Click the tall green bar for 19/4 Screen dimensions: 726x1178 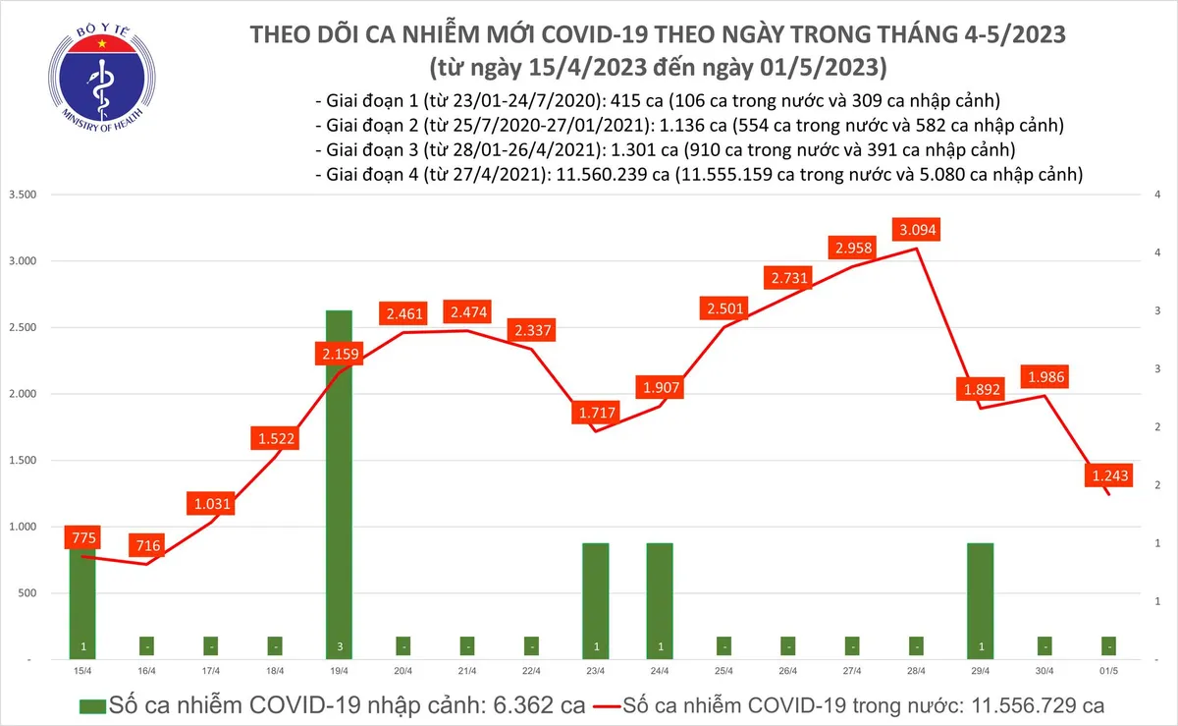click(x=339, y=481)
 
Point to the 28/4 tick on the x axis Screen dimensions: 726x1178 click(x=916, y=671)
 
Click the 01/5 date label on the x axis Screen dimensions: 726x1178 click(x=1108, y=671)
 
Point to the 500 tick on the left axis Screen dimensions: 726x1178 click(x=27, y=593)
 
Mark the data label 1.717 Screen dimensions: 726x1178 click(x=595, y=413)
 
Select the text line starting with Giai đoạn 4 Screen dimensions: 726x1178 click(x=698, y=175)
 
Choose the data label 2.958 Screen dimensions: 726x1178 click(x=851, y=248)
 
